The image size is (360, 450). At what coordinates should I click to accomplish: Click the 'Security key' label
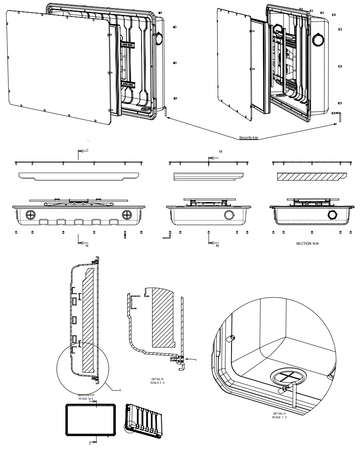click(x=248, y=137)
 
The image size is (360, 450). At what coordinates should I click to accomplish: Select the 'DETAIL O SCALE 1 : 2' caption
click(x=279, y=415)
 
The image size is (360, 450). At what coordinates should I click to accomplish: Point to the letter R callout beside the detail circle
click(x=120, y=390)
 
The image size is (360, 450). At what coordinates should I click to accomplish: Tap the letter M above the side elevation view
click(x=220, y=151)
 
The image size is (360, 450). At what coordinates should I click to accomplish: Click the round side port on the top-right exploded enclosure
click(x=318, y=41)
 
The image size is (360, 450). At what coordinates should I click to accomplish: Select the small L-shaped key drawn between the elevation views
click(x=167, y=236)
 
